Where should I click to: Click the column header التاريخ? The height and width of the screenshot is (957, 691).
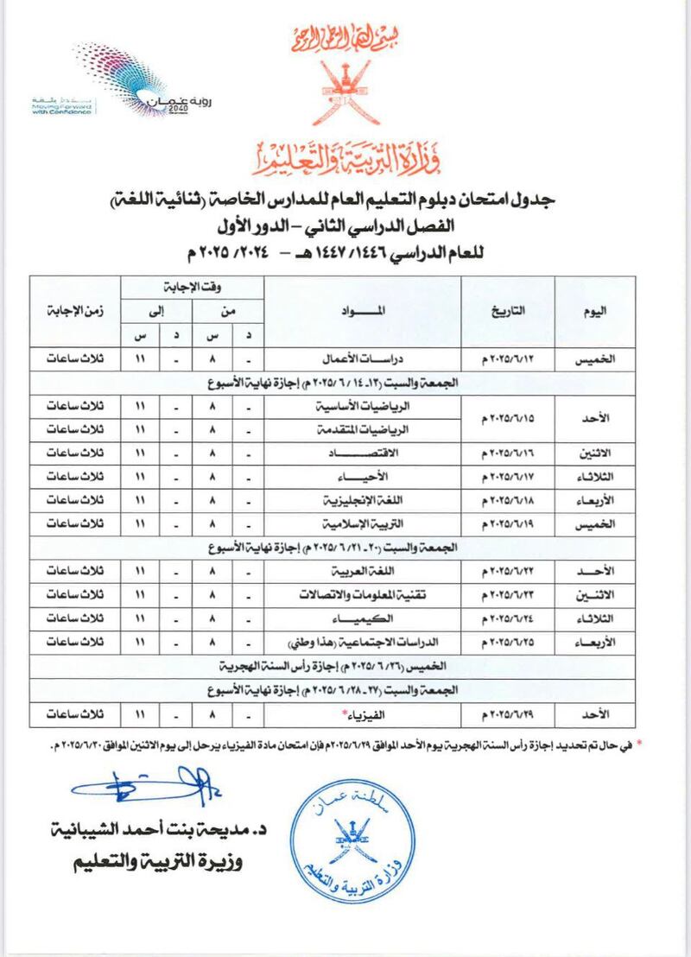517,312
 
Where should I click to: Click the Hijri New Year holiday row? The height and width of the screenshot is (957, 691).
333,668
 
